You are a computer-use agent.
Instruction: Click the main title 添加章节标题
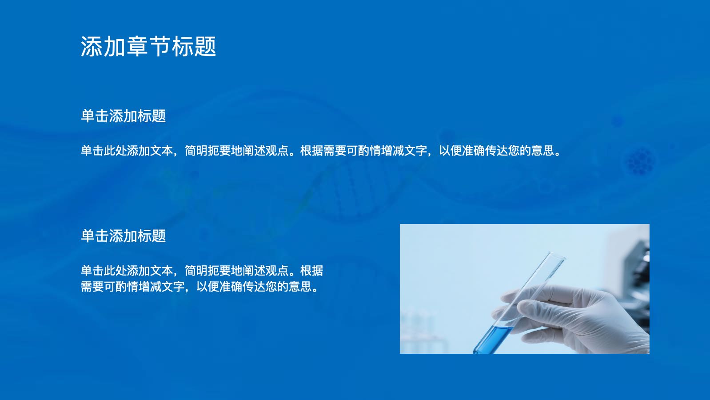tap(148, 47)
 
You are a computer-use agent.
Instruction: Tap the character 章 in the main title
tap(137, 47)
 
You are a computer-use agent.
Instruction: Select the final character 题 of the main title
tap(205, 47)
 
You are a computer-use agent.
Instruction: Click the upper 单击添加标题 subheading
tap(124, 116)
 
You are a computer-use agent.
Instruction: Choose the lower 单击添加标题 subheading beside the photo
tap(124, 236)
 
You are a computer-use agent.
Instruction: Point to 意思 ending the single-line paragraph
tap(542, 151)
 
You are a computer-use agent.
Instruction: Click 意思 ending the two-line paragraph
tap(300, 287)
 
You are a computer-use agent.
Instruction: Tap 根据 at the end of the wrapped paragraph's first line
tap(311, 271)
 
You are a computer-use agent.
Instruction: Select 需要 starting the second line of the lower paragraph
tap(92, 287)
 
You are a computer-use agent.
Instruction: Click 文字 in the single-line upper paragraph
tap(416, 151)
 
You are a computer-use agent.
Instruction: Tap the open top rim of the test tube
tap(556, 255)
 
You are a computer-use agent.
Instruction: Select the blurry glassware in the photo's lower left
tap(422, 330)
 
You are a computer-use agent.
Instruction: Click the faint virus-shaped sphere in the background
tap(641, 161)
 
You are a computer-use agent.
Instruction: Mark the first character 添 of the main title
tap(91, 47)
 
